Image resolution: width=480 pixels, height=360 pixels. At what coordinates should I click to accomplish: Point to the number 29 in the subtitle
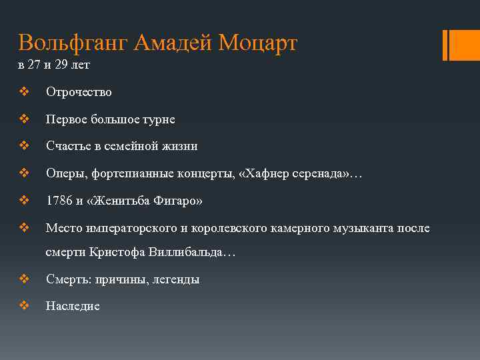coord(63,65)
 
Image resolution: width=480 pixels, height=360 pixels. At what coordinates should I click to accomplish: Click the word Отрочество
coord(79,92)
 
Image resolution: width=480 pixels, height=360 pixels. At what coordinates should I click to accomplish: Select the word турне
coord(159,119)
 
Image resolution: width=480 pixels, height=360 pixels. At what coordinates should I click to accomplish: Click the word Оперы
coord(64,174)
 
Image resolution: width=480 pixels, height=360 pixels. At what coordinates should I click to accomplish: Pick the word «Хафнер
coord(271,173)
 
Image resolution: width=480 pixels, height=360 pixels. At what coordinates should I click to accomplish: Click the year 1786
coord(59,201)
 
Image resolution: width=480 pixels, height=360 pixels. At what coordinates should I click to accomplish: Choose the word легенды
coord(176,280)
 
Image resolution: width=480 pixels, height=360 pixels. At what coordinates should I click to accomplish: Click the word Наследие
coord(73,307)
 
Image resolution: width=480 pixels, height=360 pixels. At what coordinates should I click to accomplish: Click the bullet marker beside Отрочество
coord(24,92)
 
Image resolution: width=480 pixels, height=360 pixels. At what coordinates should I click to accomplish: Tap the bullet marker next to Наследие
coord(24,306)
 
